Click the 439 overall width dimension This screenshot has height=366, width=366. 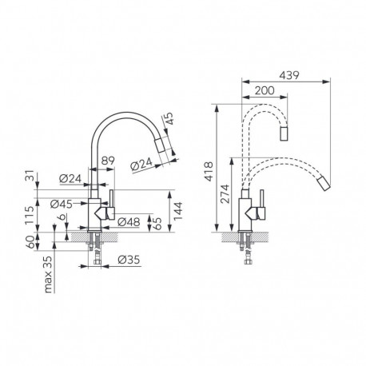click(x=312, y=71)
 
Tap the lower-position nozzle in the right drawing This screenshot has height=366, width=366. click(x=324, y=185)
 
